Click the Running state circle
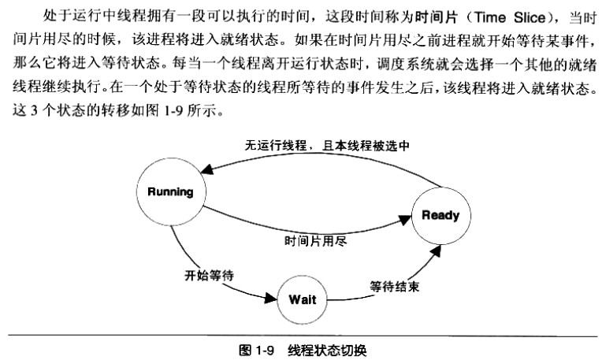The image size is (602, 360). click(170, 191)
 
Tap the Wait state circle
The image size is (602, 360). click(302, 299)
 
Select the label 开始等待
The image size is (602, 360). click(210, 275)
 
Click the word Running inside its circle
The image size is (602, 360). click(170, 191)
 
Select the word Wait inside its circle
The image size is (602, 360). click(302, 299)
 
